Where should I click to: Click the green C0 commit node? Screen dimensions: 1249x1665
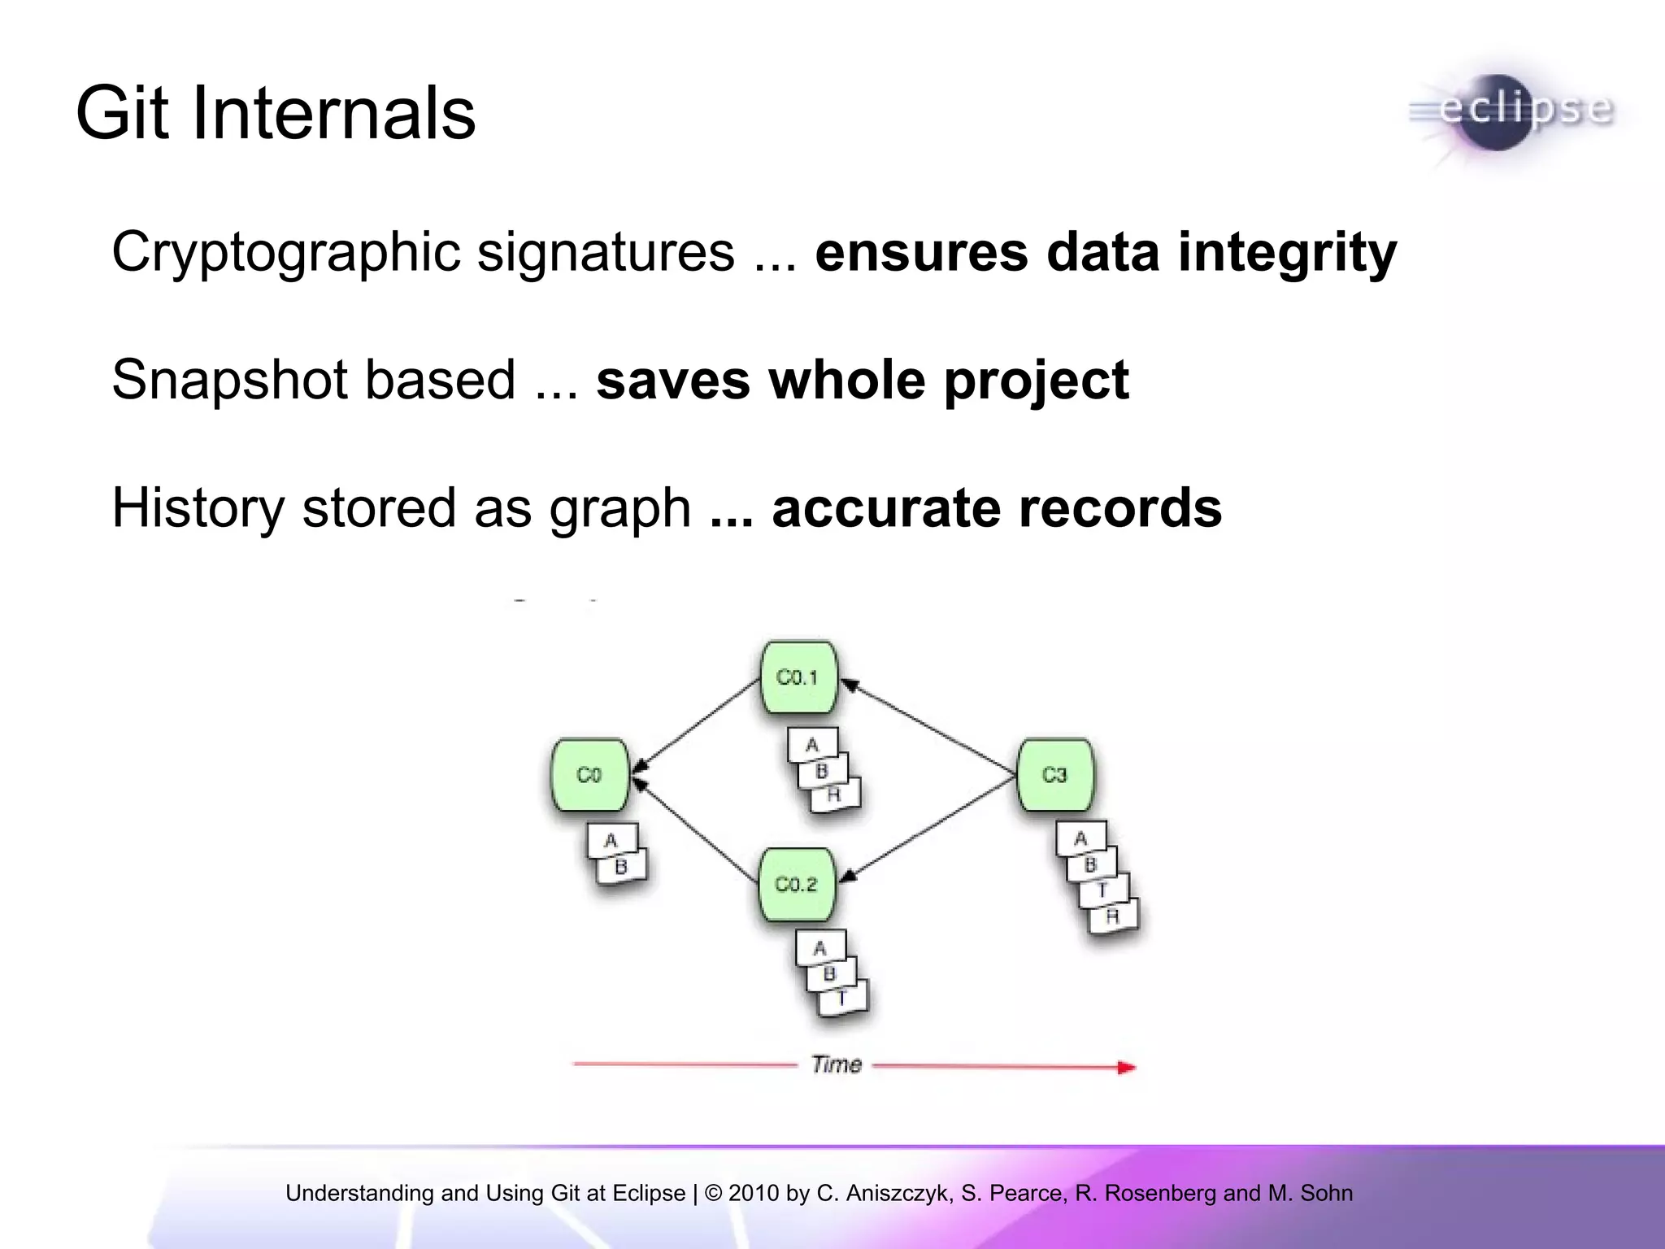589,775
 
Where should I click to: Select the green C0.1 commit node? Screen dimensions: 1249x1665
798,677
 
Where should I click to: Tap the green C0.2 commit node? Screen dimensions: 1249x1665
796,885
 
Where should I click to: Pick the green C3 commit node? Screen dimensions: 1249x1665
1054,775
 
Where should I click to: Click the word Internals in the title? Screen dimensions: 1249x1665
333,113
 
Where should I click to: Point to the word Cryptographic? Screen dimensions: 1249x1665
285,251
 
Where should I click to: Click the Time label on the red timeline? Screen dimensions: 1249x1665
837,1064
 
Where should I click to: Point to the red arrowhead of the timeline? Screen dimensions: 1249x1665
1126,1067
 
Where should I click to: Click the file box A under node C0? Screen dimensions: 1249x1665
611,841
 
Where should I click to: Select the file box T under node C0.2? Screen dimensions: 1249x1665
842,998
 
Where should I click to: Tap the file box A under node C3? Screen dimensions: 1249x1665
1080,838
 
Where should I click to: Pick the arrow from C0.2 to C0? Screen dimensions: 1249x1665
695,829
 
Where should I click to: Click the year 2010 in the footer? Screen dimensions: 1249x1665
754,1193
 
